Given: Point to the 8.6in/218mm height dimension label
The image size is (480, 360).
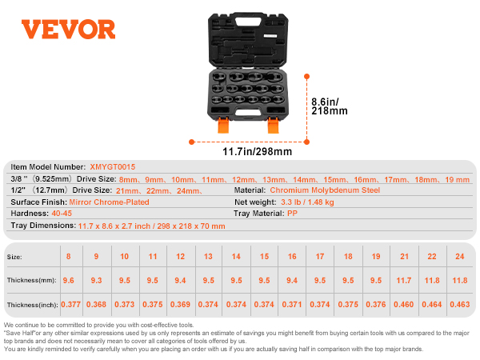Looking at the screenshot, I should pos(330,107).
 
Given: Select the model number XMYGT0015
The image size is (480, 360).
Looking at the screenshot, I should pos(111,167).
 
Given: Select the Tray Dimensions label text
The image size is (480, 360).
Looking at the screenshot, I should pos(42,226).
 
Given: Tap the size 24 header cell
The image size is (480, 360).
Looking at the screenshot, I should pos(458,257).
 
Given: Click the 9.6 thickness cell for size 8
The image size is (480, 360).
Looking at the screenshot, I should pos(68,281).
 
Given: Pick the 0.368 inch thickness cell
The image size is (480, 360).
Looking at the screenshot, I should pos(96,305).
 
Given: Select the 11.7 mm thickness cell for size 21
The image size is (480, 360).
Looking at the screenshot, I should pos(404,281).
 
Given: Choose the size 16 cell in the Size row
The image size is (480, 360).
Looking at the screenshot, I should pos(292,257).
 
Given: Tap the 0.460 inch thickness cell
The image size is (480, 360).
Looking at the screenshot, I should pos(404,305).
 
